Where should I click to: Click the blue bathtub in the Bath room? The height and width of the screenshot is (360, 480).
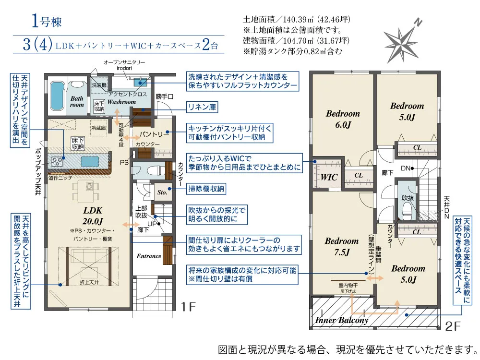tap(57, 95)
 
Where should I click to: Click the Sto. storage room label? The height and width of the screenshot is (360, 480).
tap(162, 192)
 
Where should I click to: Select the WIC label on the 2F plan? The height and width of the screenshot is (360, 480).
tap(329, 177)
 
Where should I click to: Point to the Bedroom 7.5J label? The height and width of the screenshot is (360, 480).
tap(342, 246)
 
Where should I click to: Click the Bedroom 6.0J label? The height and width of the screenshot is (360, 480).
tap(343, 119)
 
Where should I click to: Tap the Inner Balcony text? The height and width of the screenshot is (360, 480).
tap(342, 320)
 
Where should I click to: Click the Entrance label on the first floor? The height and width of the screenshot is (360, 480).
tap(149, 256)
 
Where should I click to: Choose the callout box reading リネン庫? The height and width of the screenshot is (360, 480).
tap(202, 107)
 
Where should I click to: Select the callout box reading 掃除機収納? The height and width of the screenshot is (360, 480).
tap(206, 189)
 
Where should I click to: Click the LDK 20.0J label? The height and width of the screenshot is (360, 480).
tap(93, 216)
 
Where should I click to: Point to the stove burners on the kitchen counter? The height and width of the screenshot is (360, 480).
tap(57, 161)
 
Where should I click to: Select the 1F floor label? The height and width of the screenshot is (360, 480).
tap(188, 306)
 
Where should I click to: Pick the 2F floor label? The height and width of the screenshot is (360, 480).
tap(453, 326)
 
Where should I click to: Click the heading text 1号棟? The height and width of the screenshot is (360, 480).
tap(47, 22)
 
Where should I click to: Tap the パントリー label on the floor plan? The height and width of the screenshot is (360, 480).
tap(154, 134)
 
